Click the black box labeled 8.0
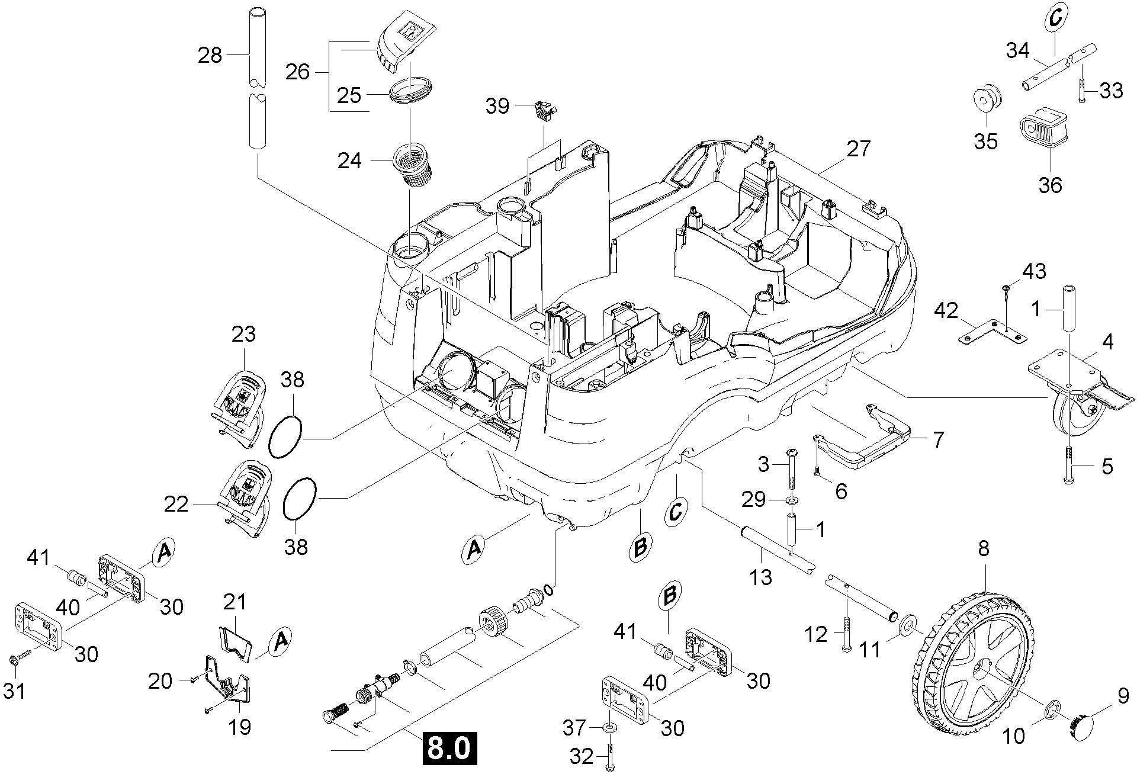449,749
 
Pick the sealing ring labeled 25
412,89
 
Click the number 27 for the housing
859,149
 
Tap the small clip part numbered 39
546,110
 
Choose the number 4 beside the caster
1107,342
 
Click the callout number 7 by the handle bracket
938,439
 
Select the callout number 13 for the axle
761,576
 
